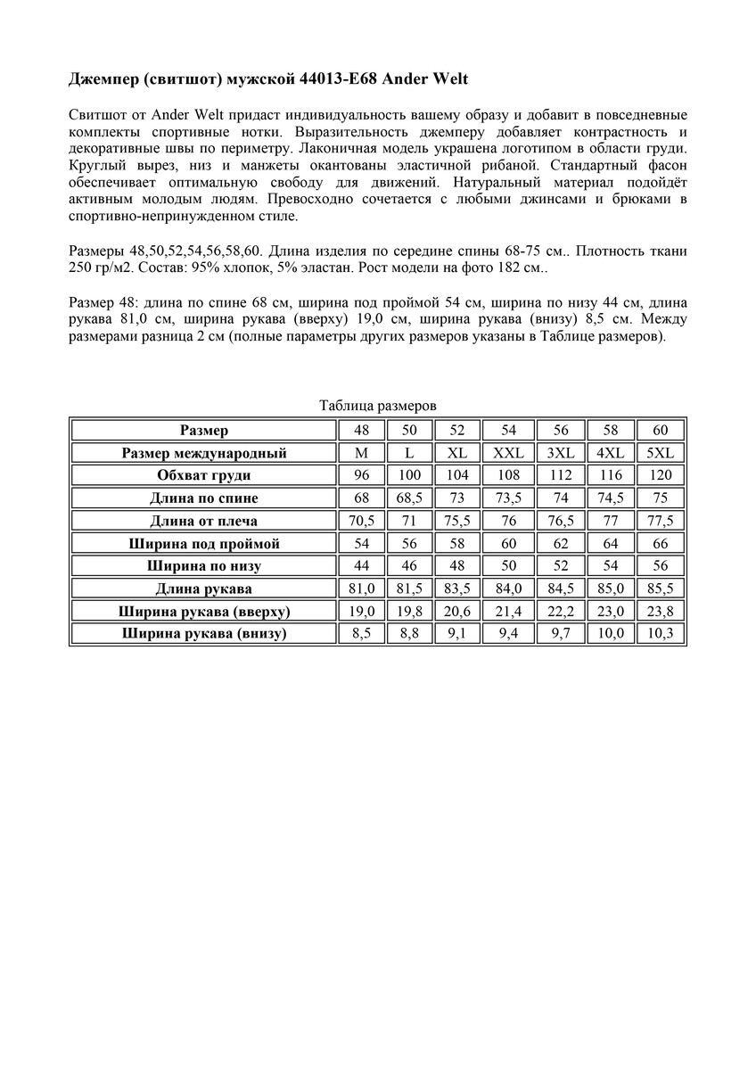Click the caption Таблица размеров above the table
tap(377, 406)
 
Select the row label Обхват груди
tap(204, 475)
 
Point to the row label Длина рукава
tap(204, 588)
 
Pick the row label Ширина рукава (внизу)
tap(204, 634)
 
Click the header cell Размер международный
tap(204, 453)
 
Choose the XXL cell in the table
tap(508, 453)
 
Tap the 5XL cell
tap(661, 453)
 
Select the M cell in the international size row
tap(361, 453)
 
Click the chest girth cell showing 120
tap(661, 475)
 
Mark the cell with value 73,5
tap(508, 498)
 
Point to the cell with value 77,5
tap(661, 521)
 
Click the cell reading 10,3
tap(661, 634)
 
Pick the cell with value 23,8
tap(661, 612)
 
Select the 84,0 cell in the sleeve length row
tap(508, 588)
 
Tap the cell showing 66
tap(661, 544)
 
